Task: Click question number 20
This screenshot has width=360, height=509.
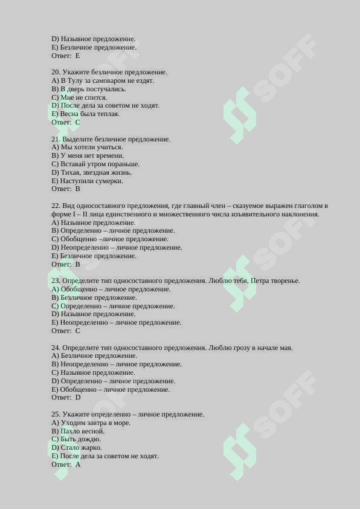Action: coord(56,73)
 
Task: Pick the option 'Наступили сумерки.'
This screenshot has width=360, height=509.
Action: coord(91,181)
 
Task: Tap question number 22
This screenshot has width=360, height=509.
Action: coord(56,206)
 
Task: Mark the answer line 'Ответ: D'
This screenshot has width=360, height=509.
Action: coord(66,398)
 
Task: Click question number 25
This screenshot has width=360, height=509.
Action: coord(56,415)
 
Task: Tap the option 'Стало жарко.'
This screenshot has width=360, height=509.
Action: coord(81,448)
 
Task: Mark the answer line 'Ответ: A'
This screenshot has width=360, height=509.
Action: coord(66,465)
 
